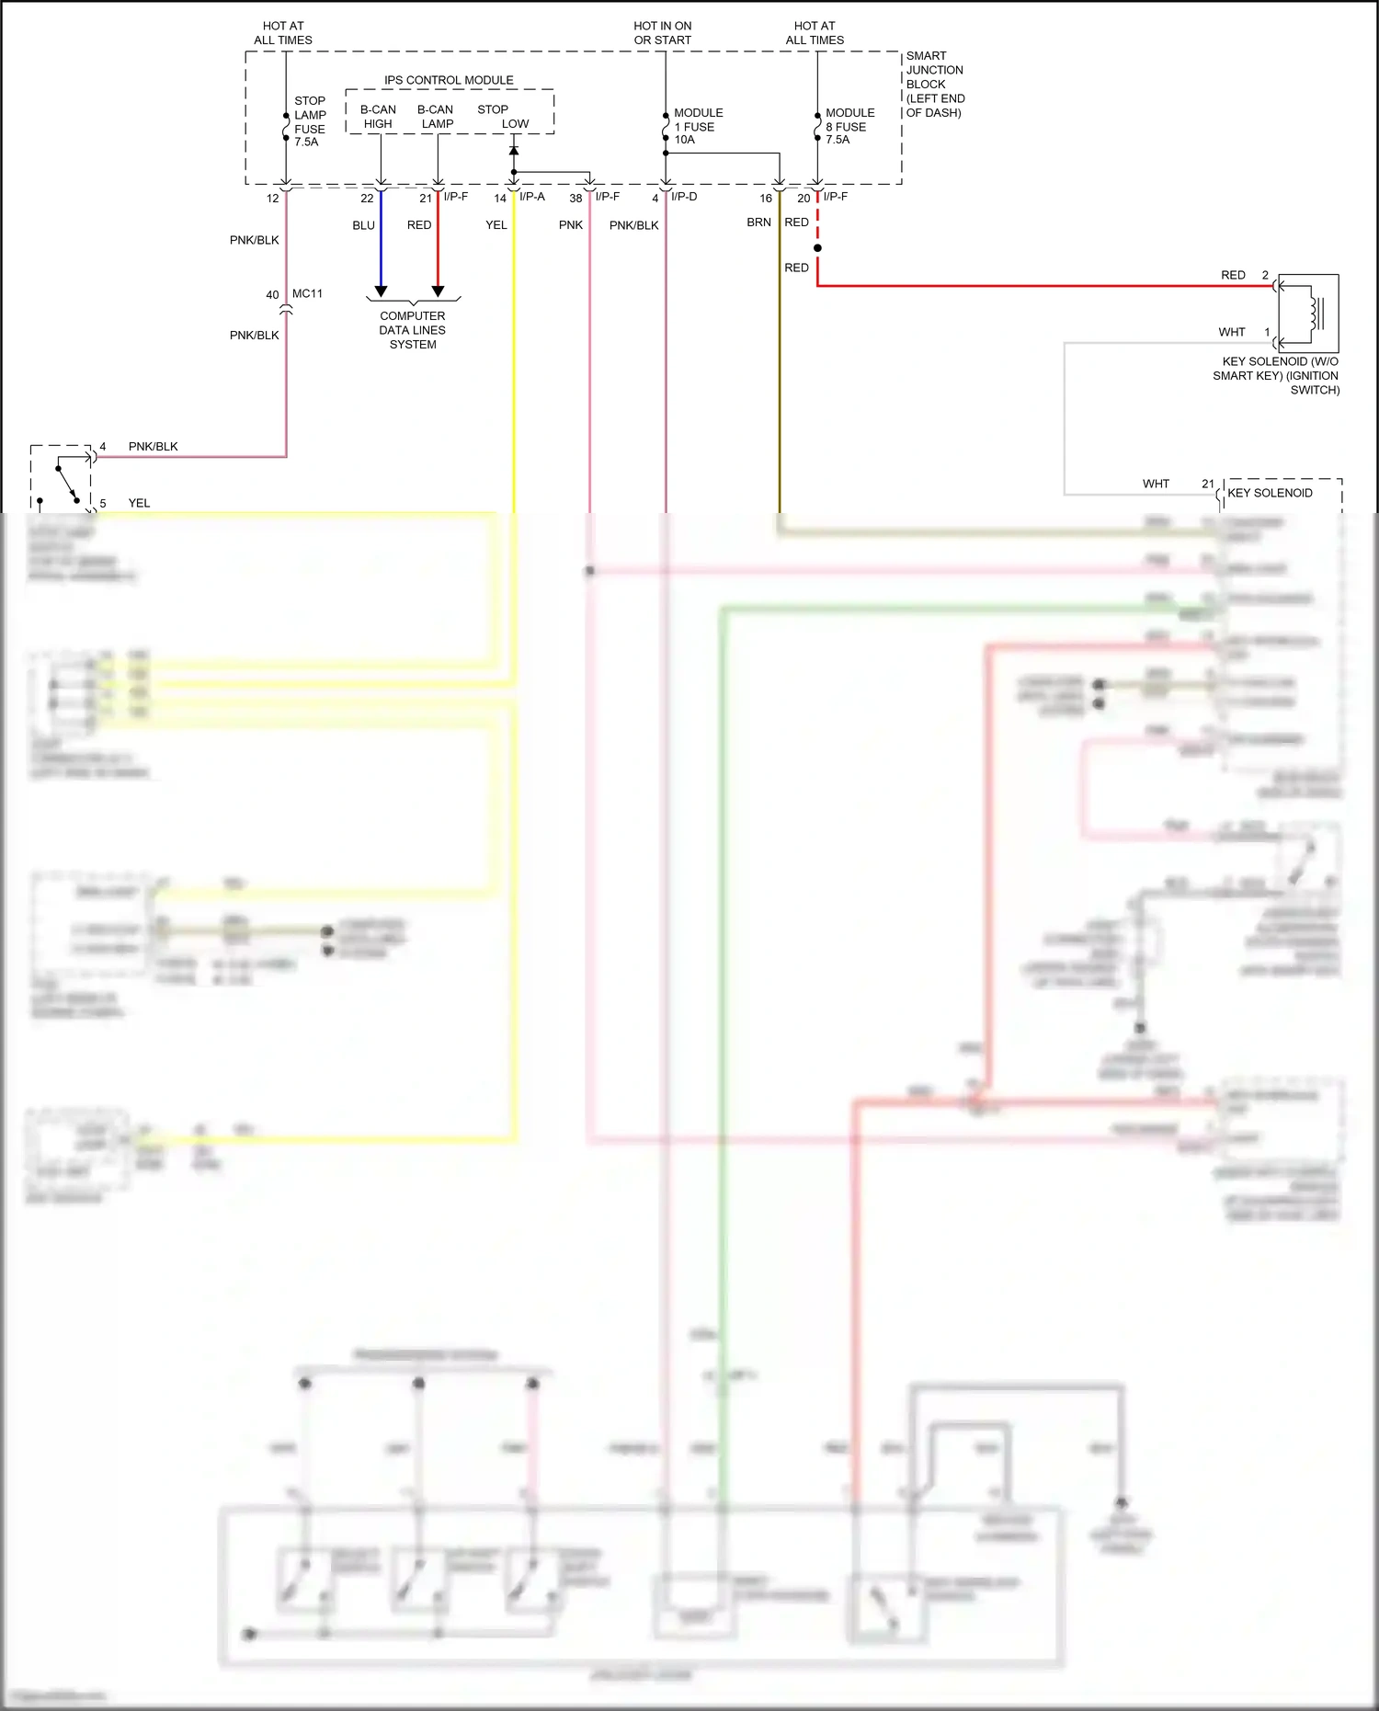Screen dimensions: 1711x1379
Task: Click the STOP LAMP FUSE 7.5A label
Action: coord(310,121)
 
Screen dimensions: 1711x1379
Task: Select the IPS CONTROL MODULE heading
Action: coord(449,80)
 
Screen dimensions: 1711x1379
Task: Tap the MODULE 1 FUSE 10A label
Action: coord(698,126)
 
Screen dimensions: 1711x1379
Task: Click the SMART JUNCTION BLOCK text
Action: coord(935,84)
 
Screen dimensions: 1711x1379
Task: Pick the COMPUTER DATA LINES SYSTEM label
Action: coord(413,330)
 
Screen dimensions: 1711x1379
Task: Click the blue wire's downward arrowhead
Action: coord(381,291)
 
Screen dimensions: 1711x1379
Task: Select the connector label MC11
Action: coord(307,294)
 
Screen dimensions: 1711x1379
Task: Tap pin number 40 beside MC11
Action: coord(272,295)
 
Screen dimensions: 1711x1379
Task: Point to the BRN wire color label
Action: coord(758,222)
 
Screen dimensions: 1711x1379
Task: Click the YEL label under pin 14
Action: coord(496,225)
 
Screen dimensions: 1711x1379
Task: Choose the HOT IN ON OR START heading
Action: coord(662,33)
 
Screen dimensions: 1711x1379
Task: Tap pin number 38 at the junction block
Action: coord(576,199)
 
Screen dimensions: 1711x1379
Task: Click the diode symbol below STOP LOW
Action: coord(514,151)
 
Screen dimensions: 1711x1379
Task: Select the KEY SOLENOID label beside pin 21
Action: coord(1270,493)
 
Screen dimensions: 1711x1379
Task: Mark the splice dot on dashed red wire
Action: coord(817,248)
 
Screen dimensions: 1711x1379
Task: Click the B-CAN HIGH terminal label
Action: coord(378,117)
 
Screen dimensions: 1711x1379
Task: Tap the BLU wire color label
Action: coord(363,225)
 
